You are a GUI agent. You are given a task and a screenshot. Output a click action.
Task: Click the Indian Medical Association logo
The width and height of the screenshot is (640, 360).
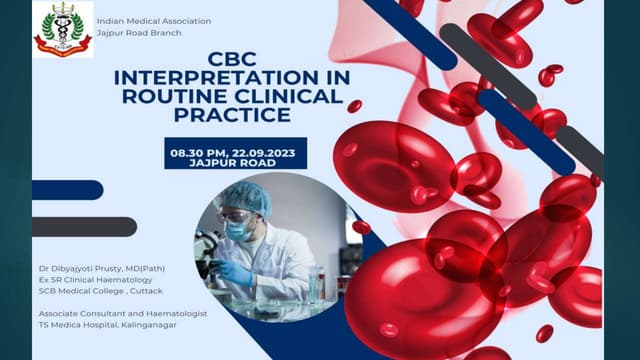pos(63,29)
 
